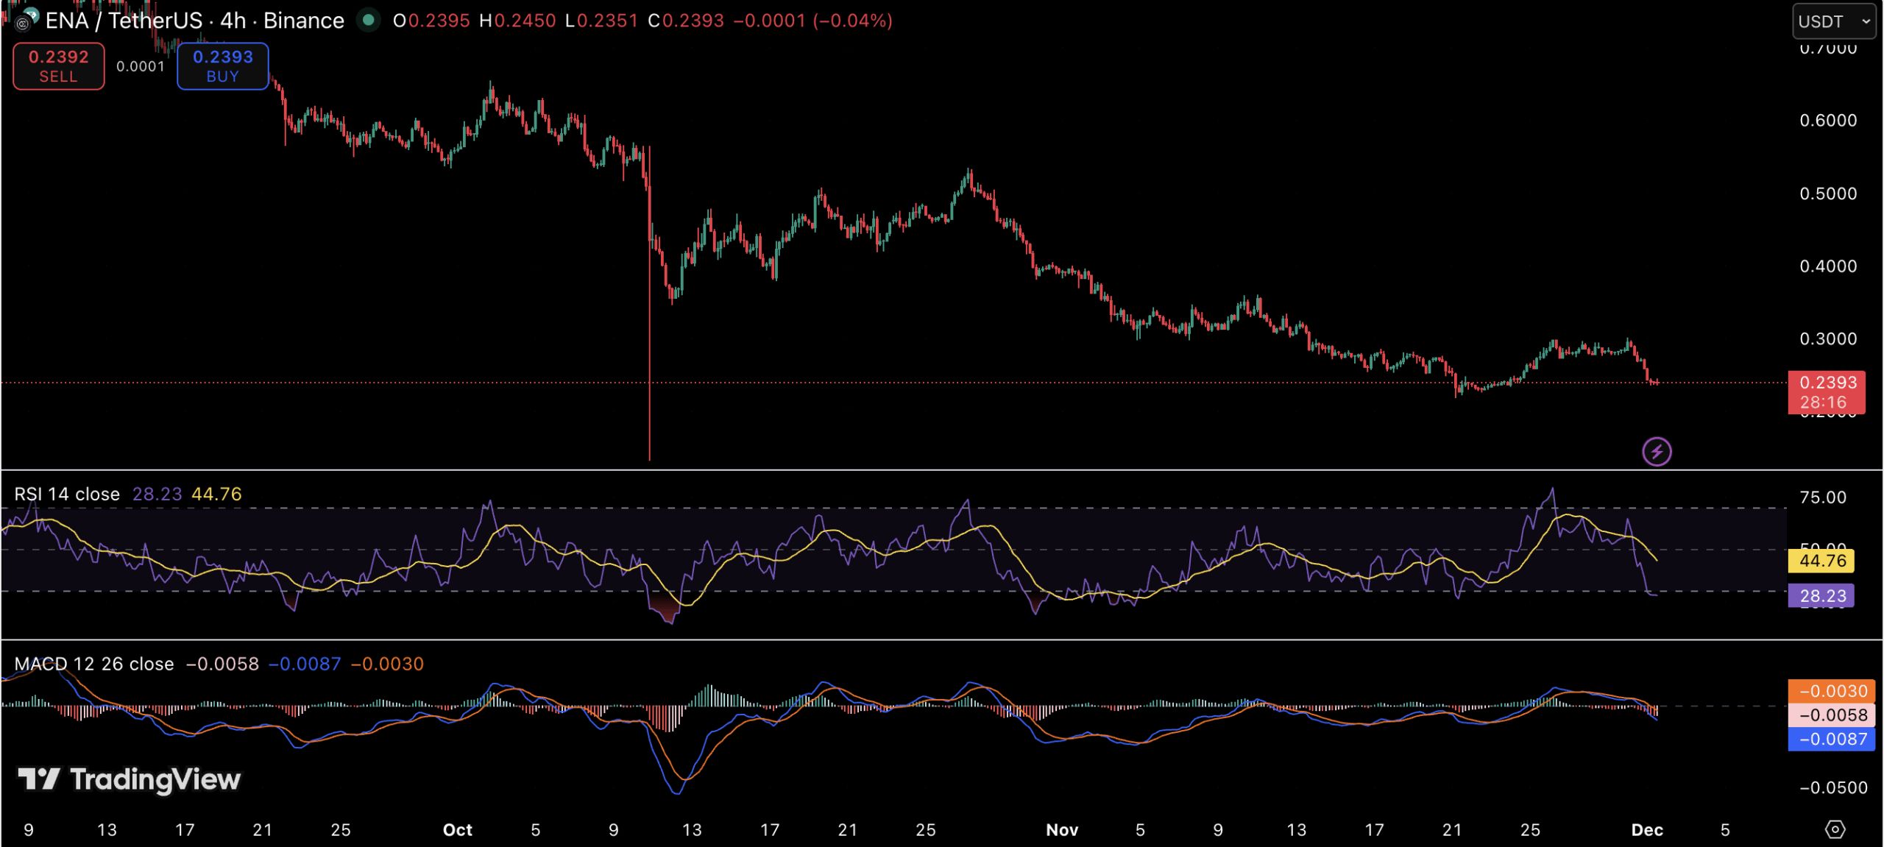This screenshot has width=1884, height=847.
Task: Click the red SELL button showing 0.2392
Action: [x=59, y=66]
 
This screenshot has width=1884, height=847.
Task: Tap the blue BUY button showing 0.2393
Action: [x=222, y=66]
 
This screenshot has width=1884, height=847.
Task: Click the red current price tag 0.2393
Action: [x=1827, y=391]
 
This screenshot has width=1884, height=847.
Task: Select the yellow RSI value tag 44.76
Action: [x=1821, y=561]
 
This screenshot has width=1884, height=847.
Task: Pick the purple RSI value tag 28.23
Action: [x=1821, y=595]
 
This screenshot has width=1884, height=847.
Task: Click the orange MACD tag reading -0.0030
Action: [x=1831, y=691]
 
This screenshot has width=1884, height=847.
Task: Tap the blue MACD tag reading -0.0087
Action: [x=1831, y=739]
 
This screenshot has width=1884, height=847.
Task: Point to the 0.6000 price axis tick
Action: [x=1828, y=120]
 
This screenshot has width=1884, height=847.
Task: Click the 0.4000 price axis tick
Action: [x=1828, y=266]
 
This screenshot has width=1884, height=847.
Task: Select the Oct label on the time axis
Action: [x=457, y=830]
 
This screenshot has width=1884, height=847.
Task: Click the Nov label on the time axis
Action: [x=1062, y=830]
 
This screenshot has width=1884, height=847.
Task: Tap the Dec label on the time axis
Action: [x=1647, y=830]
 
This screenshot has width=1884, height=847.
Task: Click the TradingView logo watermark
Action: [x=130, y=779]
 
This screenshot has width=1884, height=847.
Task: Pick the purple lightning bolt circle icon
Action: [x=1657, y=451]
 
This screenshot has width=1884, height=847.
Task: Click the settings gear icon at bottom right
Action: [x=1835, y=829]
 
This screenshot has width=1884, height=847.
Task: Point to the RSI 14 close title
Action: [x=67, y=494]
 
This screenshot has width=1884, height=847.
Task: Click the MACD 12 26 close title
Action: [x=94, y=664]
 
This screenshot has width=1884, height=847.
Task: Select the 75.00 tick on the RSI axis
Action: [x=1822, y=497]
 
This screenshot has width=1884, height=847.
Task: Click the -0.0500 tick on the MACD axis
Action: [x=1832, y=788]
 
